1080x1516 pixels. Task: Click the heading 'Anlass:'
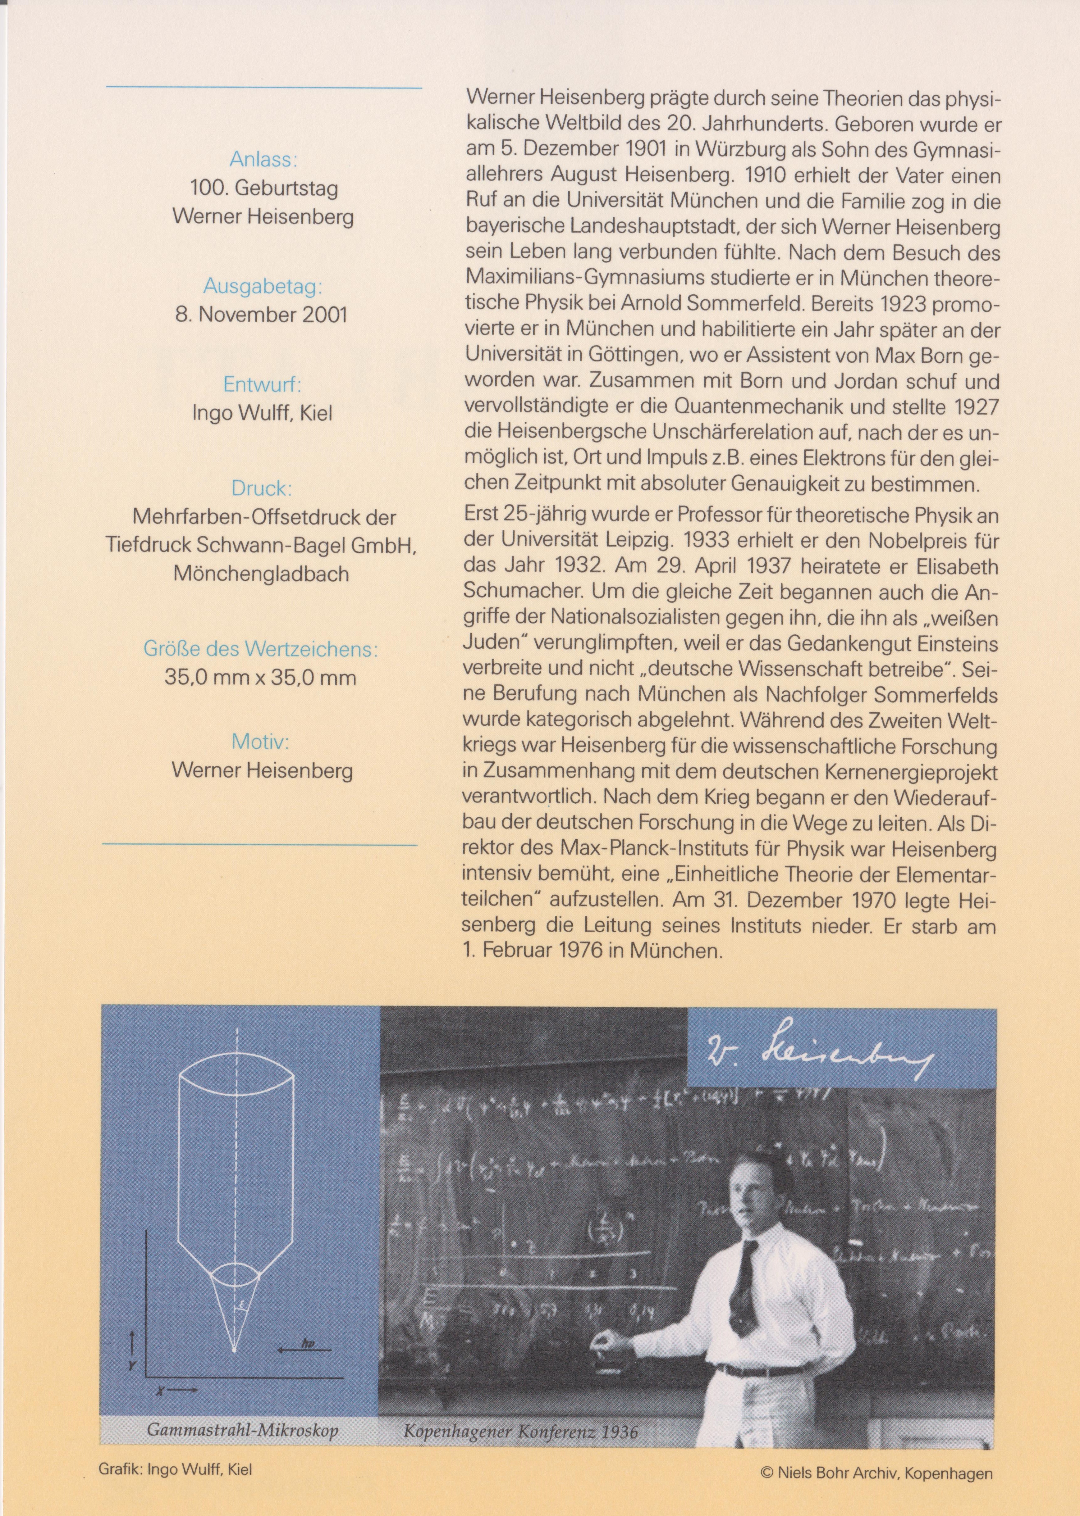pyautogui.click(x=263, y=160)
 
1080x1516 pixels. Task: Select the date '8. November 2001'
pyautogui.click(x=261, y=314)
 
